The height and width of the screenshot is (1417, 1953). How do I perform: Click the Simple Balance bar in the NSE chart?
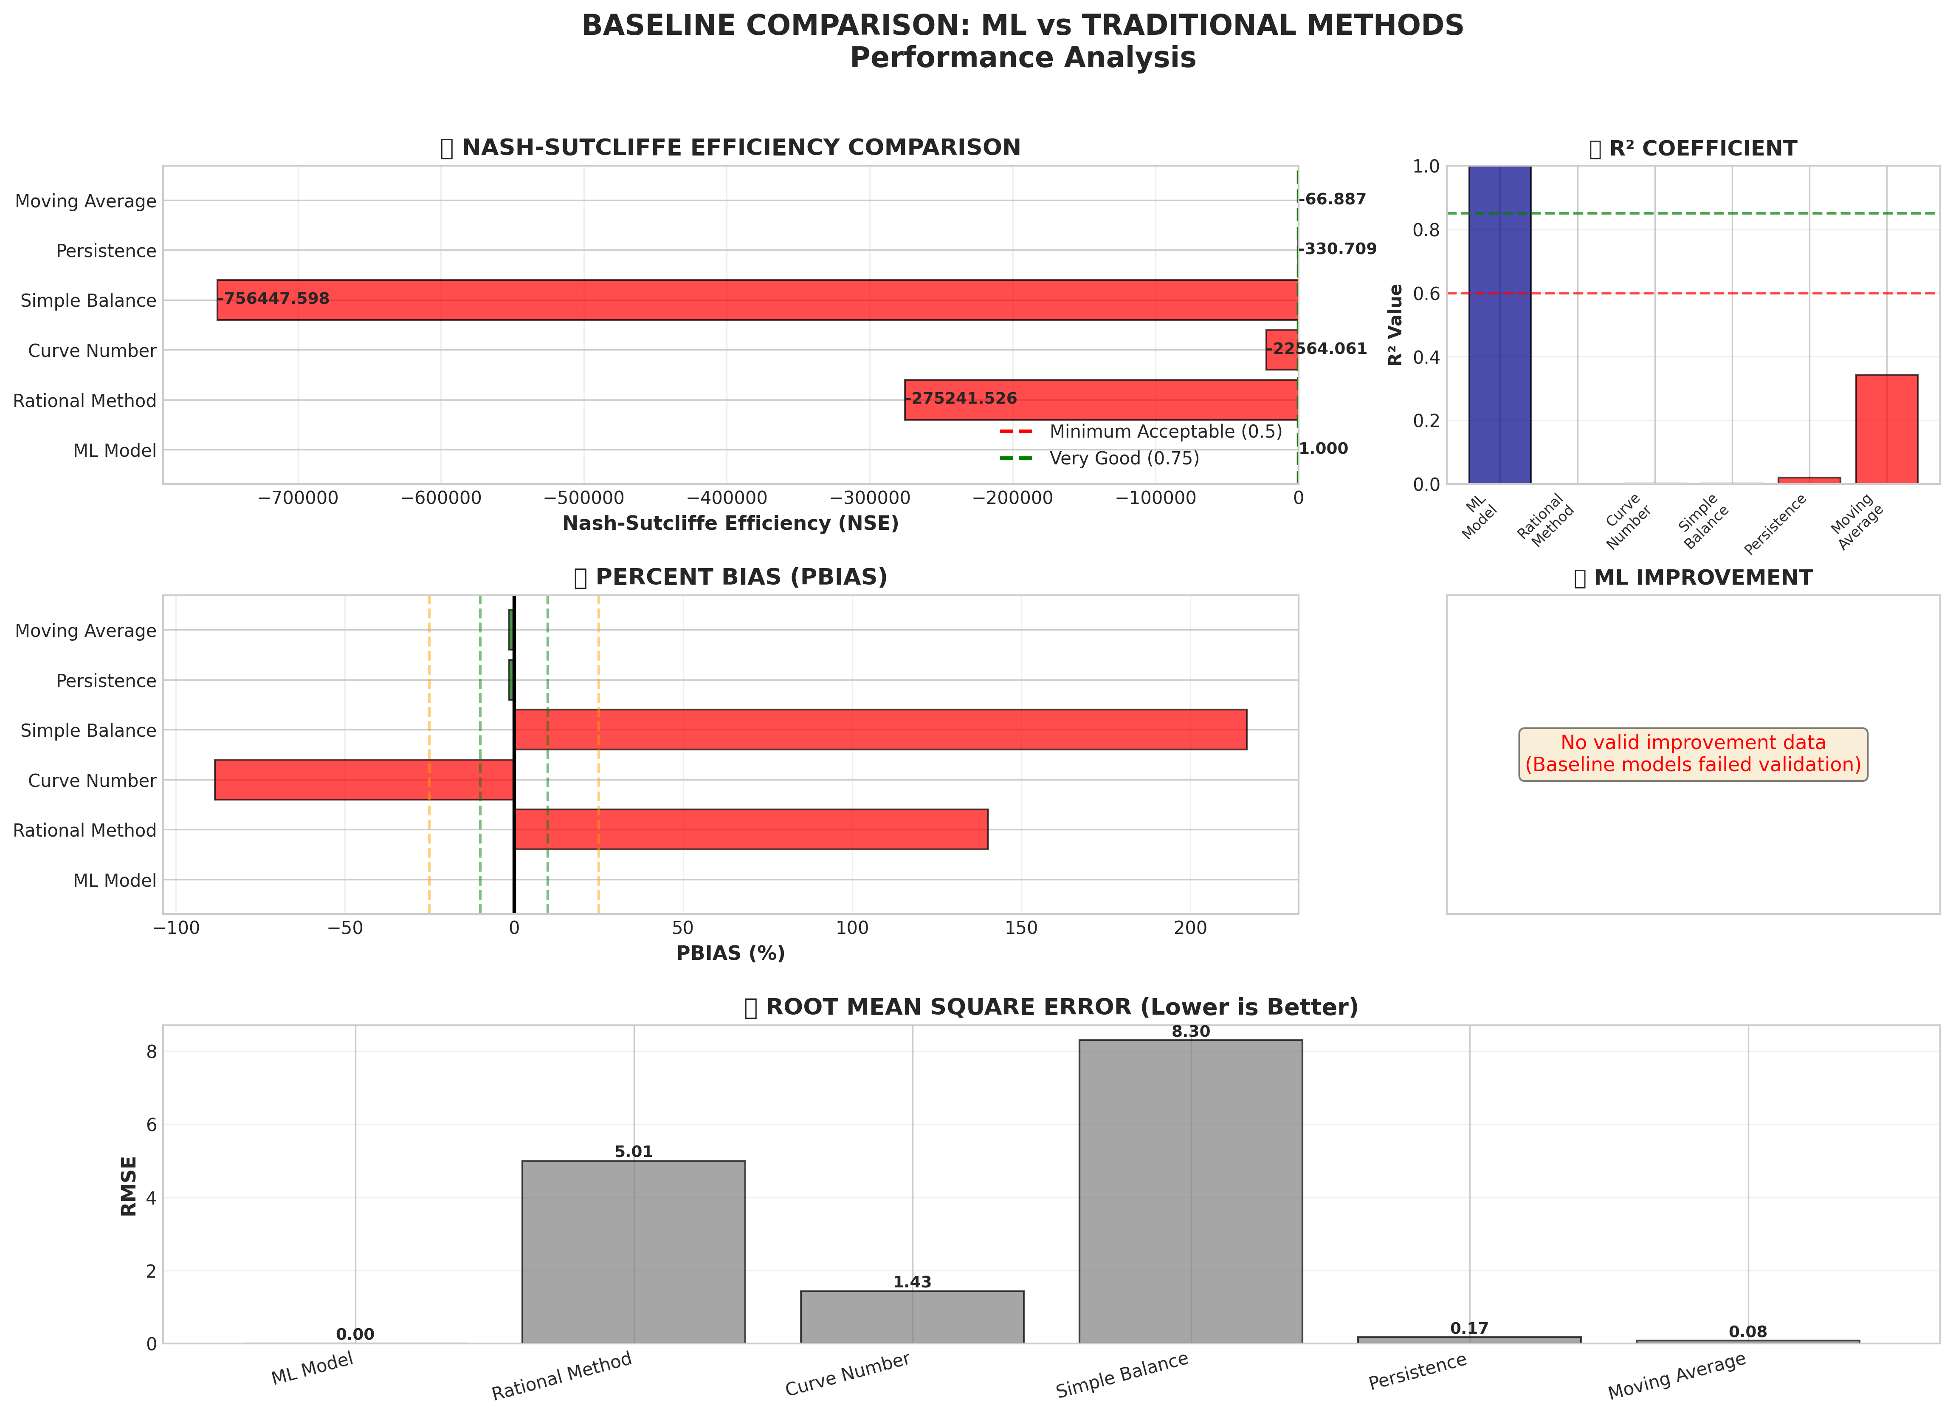(x=758, y=300)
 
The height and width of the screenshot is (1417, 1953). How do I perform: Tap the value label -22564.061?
(x=1319, y=349)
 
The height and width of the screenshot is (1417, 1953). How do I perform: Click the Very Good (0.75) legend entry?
(x=1124, y=458)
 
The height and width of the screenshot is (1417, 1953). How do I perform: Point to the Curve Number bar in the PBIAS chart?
(x=364, y=780)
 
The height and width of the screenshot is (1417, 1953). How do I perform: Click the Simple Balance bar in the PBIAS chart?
(x=880, y=730)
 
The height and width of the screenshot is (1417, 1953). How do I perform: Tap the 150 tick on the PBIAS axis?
(x=1021, y=928)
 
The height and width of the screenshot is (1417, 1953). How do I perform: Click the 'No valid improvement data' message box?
(x=1693, y=754)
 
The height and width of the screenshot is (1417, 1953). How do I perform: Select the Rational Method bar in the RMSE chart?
(x=634, y=1252)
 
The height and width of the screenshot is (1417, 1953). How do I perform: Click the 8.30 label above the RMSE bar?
(x=1191, y=1031)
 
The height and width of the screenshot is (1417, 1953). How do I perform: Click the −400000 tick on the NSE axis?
(x=727, y=498)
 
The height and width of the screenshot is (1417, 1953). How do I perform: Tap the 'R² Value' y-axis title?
(x=1396, y=325)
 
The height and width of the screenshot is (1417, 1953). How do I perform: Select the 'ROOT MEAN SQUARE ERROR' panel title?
(x=1051, y=1007)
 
